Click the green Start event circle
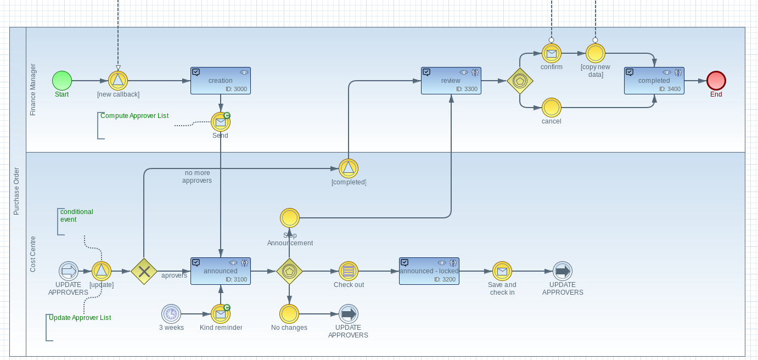tap(62, 81)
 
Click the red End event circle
tap(716, 81)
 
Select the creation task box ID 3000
tap(221, 81)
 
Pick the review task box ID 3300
tap(451, 81)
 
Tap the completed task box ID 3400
tap(654, 81)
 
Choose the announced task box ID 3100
tap(221, 271)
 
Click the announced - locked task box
tap(429, 271)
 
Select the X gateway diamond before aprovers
tap(144, 271)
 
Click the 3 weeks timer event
tap(171, 314)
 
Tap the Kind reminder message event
tap(221, 314)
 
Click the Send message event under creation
tap(221, 122)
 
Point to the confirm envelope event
tap(552, 53)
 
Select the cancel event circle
tap(552, 108)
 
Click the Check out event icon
tap(349, 271)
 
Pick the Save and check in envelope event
tap(502, 271)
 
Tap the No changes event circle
tap(289, 314)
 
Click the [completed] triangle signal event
tap(349, 168)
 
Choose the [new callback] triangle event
tap(118, 81)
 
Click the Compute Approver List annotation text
tap(134, 116)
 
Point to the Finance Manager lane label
tap(33, 89)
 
